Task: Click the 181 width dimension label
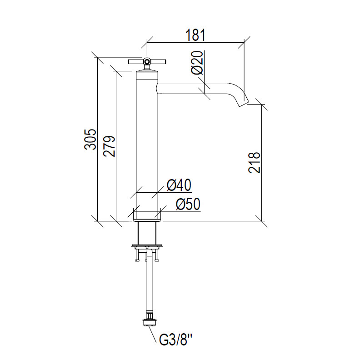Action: coord(195,35)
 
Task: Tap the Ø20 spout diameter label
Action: coord(197,63)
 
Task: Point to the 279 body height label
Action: coord(109,146)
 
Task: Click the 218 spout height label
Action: coord(255,162)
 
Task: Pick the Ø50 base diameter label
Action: coord(188,204)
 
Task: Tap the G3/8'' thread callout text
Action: coord(176,340)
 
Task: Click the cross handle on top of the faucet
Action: coord(147,61)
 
